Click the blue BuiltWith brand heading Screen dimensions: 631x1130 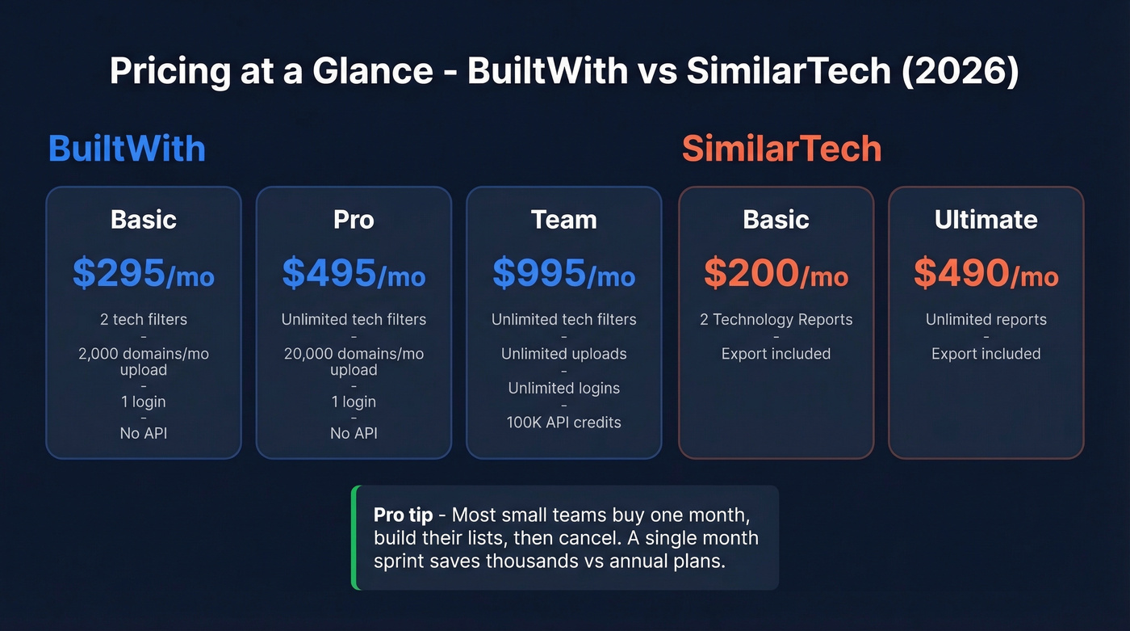pos(127,149)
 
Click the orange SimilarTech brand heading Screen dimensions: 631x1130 pos(781,149)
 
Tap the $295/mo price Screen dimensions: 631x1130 pos(143,274)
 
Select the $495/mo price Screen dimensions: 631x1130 pos(354,274)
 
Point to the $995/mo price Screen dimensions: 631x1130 pos(563,274)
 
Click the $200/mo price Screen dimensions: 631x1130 pos(776,274)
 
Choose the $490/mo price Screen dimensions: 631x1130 pos(986,274)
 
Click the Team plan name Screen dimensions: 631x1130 pos(563,220)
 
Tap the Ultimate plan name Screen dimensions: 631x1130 pos(986,220)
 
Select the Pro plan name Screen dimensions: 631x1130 pos(354,220)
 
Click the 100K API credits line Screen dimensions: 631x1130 pos(563,423)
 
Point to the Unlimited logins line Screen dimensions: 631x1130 pos(563,389)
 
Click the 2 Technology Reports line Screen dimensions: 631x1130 pos(776,320)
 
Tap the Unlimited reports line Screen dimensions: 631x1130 pos(986,320)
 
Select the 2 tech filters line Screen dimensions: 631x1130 pos(143,320)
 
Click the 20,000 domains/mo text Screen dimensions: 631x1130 pos(354,354)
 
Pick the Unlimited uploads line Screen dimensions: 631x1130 pos(563,354)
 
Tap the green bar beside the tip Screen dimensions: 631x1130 pos(354,537)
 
